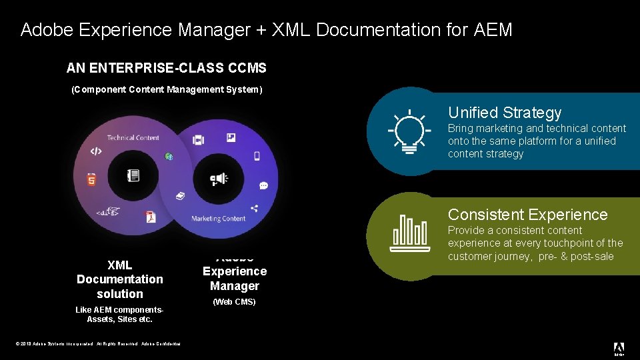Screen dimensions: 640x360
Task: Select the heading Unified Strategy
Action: pyautogui.click(x=505, y=113)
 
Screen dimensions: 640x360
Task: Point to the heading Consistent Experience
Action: pyautogui.click(x=527, y=215)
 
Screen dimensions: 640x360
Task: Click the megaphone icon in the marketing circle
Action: pyautogui.click(x=219, y=179)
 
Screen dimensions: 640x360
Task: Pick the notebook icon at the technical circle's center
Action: pyautogui.click(x=133, y=176)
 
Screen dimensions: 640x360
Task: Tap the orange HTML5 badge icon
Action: pyautogui.click(x=91, y=179)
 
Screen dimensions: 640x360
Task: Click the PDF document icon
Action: pyautogui.click(x=151, y=216)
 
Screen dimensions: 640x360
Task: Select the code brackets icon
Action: pyautogui.click(x=96, y=151)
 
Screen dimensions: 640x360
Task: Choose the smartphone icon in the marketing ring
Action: pyautogui.click(x=257, y=156)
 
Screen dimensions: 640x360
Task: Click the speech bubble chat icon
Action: pyautogui.click(x=264, y=185)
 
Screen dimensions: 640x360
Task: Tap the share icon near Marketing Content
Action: pyautogui.click(x=254, y=208)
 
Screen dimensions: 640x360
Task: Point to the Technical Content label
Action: pyautogui.click(x=133, y=137)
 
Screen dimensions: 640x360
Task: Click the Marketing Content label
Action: pyautogui.click(x=219, y=219)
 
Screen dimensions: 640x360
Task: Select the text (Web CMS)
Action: pyautogui.click(x=234, y=302)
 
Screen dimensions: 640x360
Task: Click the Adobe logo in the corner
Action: pyautogui.click(x=619, y=348)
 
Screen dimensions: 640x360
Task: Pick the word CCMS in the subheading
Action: pyautogui.click(x=247, y=68)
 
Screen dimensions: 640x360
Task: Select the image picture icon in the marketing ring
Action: pyautogui.click(x=231, y=138)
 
